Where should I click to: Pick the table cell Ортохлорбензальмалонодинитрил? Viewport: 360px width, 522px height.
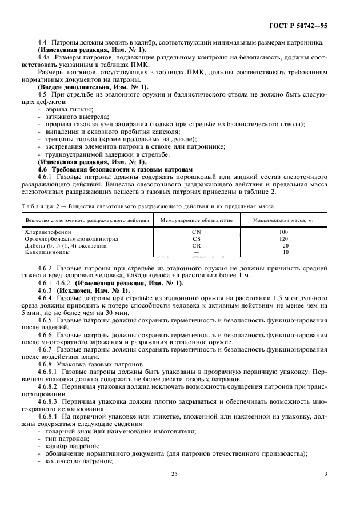point(70,238)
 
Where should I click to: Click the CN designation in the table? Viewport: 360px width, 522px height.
point(197,232)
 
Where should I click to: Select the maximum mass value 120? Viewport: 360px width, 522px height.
point(284,238)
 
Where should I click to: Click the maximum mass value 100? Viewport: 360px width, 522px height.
point(284,232)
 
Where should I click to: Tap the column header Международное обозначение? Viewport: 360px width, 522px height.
point(197,220)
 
